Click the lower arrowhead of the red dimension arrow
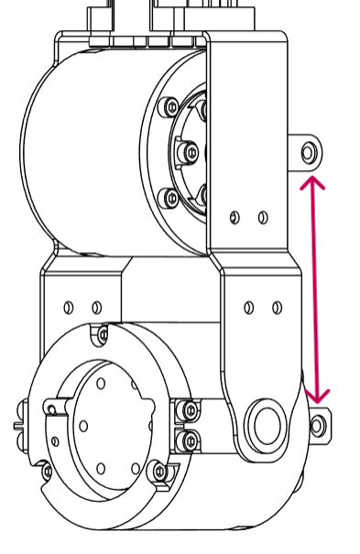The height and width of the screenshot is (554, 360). (x=317, y=396)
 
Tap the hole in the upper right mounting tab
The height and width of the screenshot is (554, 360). (x=309, y=152)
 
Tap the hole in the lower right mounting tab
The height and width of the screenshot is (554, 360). (x=317, y=425)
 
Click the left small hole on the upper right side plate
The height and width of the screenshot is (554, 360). (x=235, y=217)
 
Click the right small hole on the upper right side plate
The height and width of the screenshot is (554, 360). (x=263, y=217)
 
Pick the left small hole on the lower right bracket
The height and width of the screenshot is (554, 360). (x=248, y=308)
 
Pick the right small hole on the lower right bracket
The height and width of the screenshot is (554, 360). (x=277, y=308)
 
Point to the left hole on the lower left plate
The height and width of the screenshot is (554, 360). (x=68, y=307)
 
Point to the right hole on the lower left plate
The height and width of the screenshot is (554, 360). (x=95, y=307)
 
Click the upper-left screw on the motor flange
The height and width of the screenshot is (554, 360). (x=169, y=107)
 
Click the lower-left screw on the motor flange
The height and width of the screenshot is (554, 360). (x=169, y=196)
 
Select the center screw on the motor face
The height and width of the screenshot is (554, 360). (x=191, y=151)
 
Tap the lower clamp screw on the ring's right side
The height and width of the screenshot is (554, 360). (x=190, y=441)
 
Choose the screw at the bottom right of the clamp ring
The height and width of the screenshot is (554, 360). (x=160, y=472)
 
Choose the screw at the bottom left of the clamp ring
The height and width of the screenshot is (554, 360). (x=47, y=472)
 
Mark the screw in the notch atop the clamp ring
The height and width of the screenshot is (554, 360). (x=100, y=336)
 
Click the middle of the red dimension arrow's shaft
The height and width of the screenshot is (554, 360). (x=315, y=288)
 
